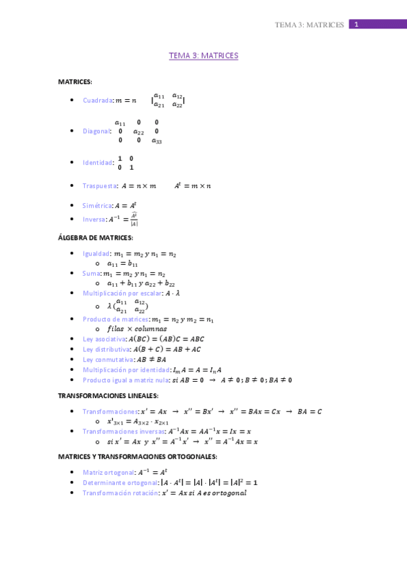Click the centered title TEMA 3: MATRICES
pyautogui.click(x=203, y=56)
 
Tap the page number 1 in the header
pyautogui.click(x=356, y=24)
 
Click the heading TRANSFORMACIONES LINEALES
pyautogui.click(x=108, y=395)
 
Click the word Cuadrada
pyautogui.click(x=98, y=101)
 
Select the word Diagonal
pyautogui.click(x=96, y=131)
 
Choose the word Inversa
pyautogui.click(x=94, y=219)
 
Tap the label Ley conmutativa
pyautogui.click(x=107, y=359)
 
